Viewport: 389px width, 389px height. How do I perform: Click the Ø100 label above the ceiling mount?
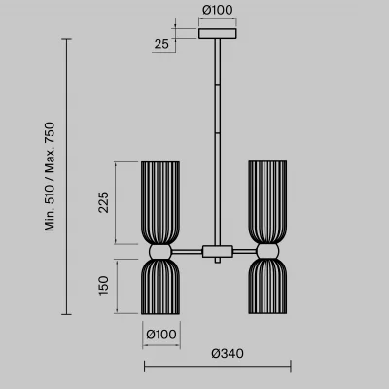218,10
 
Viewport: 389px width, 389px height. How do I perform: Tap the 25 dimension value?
161,44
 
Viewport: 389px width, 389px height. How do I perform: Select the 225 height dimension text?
103,202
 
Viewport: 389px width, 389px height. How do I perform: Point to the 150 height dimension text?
103,286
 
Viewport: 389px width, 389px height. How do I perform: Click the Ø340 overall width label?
228,353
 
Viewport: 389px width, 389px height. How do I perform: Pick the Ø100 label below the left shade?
161,335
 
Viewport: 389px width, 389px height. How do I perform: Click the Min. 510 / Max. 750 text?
50,177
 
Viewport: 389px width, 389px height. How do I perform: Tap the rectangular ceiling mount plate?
218,34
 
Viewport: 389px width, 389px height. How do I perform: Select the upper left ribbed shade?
160,202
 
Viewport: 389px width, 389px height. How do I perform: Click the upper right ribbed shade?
267,202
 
